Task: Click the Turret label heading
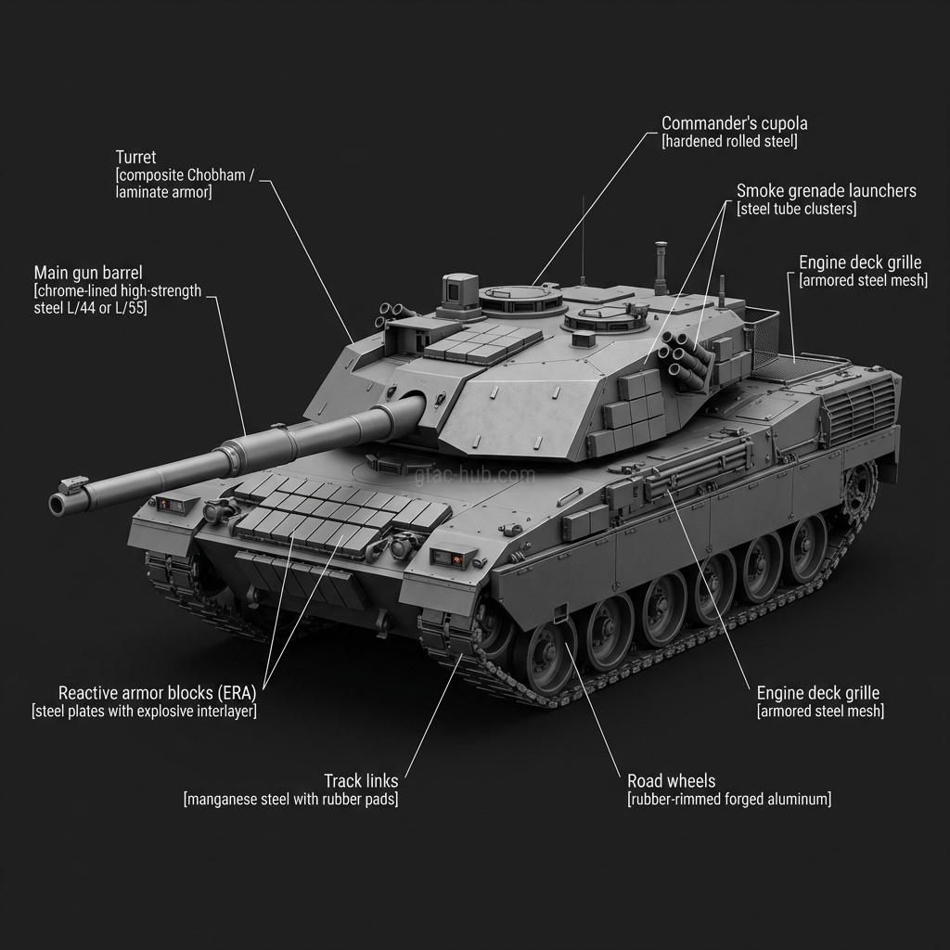point(135,157)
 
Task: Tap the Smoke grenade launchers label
point(826,191)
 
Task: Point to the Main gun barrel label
point(88,273)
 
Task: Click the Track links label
point(361,780)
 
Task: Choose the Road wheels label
point(671,780)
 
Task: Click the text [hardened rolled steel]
point(729,142)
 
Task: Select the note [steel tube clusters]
point(796,210)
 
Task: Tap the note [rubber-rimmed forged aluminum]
point(728,799)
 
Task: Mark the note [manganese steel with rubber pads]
point(290,799)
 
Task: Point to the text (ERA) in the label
point(237,692)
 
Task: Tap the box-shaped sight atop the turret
point(459,289)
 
